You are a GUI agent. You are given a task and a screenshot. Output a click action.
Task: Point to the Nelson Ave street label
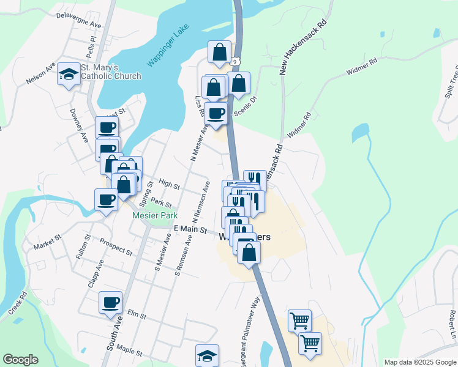click(x=40, y=73)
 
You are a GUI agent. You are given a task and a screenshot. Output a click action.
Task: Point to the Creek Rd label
click(x=18, y=303)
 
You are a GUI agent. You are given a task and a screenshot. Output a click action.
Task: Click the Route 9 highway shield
click(x=235, y=61)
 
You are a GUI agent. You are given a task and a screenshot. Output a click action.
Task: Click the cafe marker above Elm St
click(x=111, y=302)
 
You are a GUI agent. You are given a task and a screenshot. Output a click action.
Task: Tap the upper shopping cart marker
click(x=299, y=320)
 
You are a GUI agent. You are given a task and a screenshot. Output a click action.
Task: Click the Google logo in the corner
click(x=20, y=360)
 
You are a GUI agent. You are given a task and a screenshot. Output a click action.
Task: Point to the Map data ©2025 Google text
click(x=420, y=362)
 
